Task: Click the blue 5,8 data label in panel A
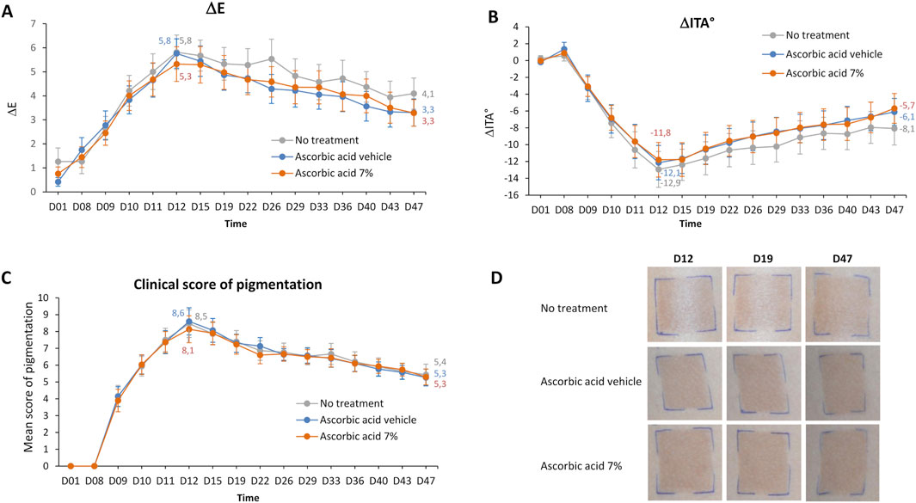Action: [166, 40]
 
